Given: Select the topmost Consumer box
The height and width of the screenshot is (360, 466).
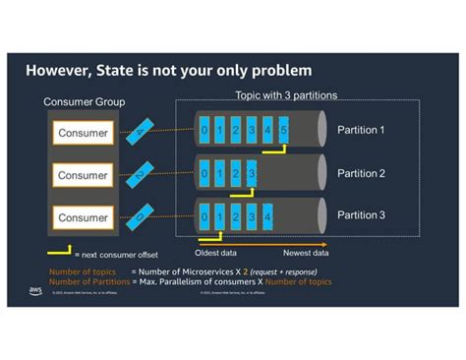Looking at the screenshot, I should (89, 133).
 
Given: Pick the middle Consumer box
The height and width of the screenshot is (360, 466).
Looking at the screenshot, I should (89, 175).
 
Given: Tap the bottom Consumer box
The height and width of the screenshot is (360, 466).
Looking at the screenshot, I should (89, 217).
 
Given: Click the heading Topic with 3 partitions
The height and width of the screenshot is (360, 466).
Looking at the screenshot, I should (285, 95).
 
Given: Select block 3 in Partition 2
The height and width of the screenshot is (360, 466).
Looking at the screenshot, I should (252, 174).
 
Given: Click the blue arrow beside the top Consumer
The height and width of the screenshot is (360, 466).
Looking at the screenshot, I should (145, 129).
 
